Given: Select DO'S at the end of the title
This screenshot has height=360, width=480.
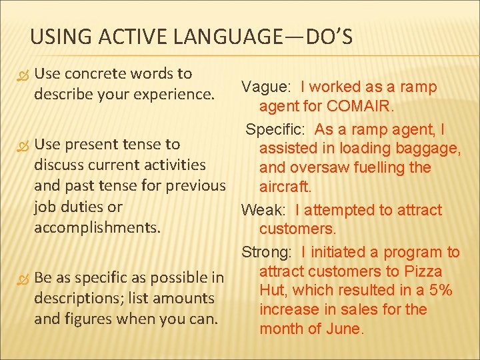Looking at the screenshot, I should pyautogui.click(x=329, y=37).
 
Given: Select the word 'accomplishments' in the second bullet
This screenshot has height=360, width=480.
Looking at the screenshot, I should pyautogui.click(x=97, y=227).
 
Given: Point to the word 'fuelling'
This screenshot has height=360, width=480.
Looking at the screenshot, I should pyautogui.click(x=383, y=167).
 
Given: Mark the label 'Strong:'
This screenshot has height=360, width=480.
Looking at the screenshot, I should pyautogui.click(x=268, y=252).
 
